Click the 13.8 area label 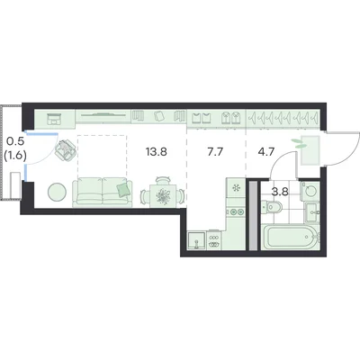157,152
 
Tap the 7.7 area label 215,152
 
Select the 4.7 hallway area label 266,152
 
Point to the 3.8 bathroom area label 280,192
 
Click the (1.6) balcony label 15,156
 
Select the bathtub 290,236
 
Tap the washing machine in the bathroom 310,191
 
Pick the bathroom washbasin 312,212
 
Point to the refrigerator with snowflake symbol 237,188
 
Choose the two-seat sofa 103,192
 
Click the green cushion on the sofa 124,190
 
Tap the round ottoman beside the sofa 57,192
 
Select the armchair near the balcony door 66,150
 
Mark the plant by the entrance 298,143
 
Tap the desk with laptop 54,118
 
